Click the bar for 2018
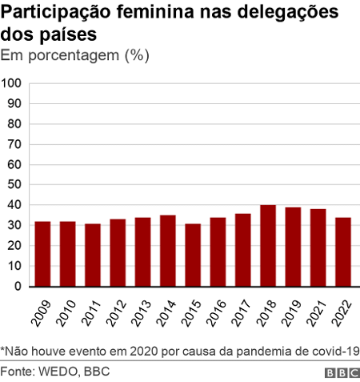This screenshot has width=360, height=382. click(268, 246)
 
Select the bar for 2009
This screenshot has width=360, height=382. click(42, 254)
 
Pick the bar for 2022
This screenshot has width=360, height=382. click(343, 252)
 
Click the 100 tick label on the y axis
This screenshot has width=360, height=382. click(11, 83)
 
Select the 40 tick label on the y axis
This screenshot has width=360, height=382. click(14, 205)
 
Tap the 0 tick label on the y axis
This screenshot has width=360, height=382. click(18, 287)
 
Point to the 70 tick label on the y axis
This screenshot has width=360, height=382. click(14, 144)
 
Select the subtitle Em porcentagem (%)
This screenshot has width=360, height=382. click(75, 55)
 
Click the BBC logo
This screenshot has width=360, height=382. click(341, 373)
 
